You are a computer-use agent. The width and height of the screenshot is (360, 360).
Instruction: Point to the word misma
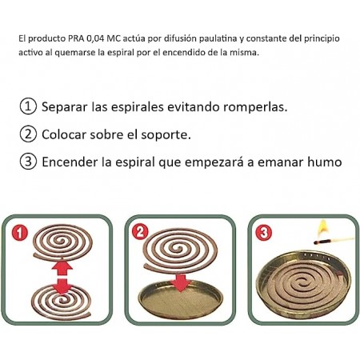click(249, 52)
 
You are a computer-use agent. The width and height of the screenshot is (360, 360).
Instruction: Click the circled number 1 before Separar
click(28, 106)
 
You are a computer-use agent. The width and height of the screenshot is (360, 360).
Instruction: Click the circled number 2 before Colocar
click(28, 134)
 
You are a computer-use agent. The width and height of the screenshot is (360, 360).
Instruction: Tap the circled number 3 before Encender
click(28, 162)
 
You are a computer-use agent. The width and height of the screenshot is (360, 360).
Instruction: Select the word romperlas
click(255, 107)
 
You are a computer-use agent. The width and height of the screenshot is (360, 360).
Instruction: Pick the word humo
click(325, 162)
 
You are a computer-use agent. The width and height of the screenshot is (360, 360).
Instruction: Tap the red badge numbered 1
click(19, 233)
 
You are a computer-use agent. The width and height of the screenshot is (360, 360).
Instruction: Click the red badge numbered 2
click(140, 232)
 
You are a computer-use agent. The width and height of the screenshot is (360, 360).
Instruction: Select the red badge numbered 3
click(263, 233)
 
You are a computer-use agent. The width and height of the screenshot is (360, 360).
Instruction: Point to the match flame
click(323, 227)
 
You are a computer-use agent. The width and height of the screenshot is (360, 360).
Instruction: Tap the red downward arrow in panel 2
click(181, 282)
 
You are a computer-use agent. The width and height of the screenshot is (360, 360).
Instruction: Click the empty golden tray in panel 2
click(181, 299)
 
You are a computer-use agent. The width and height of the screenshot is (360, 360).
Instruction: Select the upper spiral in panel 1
click(62, 242)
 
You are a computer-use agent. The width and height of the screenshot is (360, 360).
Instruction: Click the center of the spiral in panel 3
click(302, 282)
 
